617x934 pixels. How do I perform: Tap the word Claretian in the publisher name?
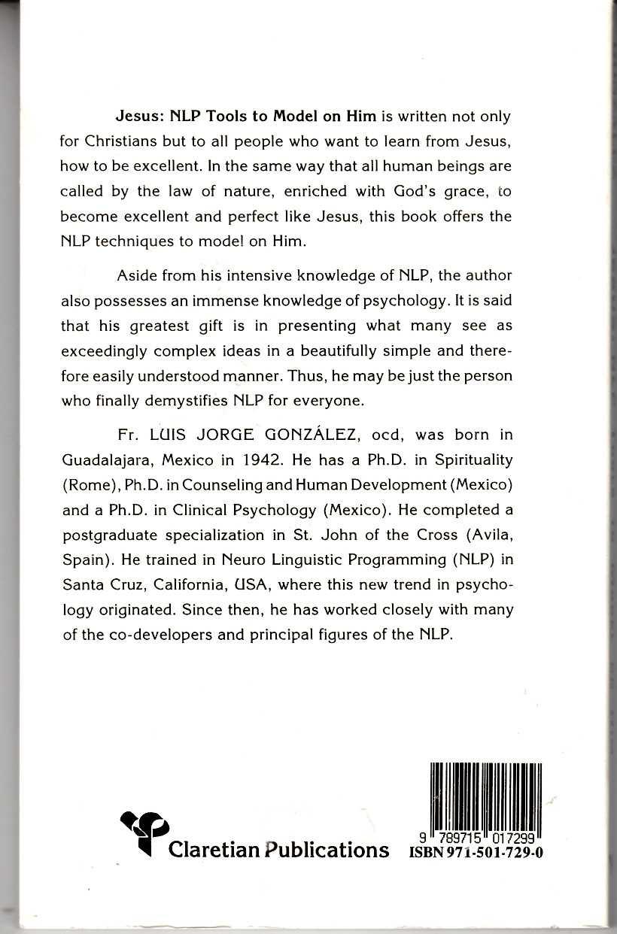pos(214,849)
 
